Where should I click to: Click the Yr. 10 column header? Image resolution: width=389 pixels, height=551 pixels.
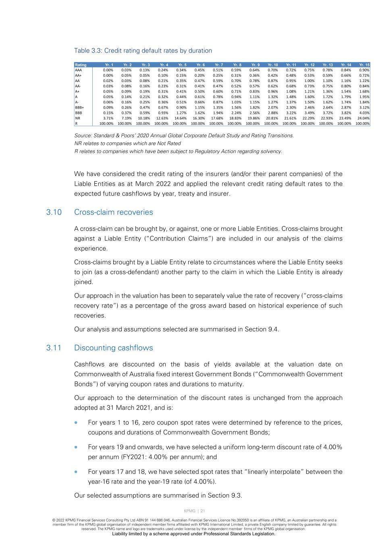click(273, 65)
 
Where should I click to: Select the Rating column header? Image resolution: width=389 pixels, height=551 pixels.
click(81, 65)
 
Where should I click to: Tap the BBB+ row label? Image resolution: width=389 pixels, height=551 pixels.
click(79, 108)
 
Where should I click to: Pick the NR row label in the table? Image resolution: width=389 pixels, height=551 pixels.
click(78, 118)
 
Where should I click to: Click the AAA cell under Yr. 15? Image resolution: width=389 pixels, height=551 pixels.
click(364, 70)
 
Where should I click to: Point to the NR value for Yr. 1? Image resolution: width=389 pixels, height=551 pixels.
click(108, 118)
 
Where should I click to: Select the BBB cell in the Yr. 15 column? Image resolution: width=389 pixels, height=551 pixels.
click(364, 113)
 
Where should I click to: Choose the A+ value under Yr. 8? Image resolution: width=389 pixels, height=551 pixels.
click(236, 92)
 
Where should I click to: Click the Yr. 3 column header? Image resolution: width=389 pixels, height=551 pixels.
click(146, 65)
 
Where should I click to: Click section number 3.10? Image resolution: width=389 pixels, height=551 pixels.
click(54, 212)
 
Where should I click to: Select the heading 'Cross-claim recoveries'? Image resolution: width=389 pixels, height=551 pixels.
click(114, 212)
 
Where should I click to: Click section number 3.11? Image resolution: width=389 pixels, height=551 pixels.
click(54, 348)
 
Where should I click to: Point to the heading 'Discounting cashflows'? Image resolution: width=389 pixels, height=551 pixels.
click(114, 348)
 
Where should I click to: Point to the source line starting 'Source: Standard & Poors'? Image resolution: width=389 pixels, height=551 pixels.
click(184, 136)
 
